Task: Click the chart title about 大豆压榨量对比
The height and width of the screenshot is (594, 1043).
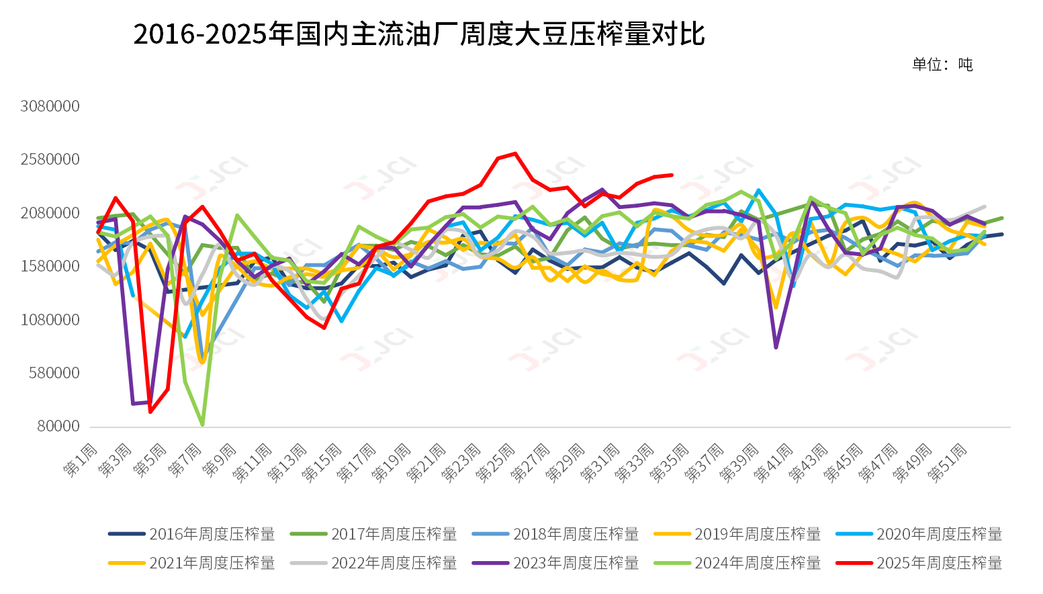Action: [419, 34]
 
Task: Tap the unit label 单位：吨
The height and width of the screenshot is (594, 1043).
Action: [942, 65]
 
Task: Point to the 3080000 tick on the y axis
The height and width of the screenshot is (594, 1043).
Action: [50, 106]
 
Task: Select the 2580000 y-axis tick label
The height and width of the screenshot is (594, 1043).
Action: [50, 159]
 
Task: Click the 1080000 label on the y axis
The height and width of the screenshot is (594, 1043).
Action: [50, 320]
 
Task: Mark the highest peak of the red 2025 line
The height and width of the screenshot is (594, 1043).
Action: [515, 154]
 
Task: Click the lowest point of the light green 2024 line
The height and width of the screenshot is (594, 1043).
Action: [202, 425]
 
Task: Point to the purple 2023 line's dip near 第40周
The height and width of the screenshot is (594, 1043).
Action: [776, 347]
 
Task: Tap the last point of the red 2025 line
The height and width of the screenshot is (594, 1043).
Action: [672, 175]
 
